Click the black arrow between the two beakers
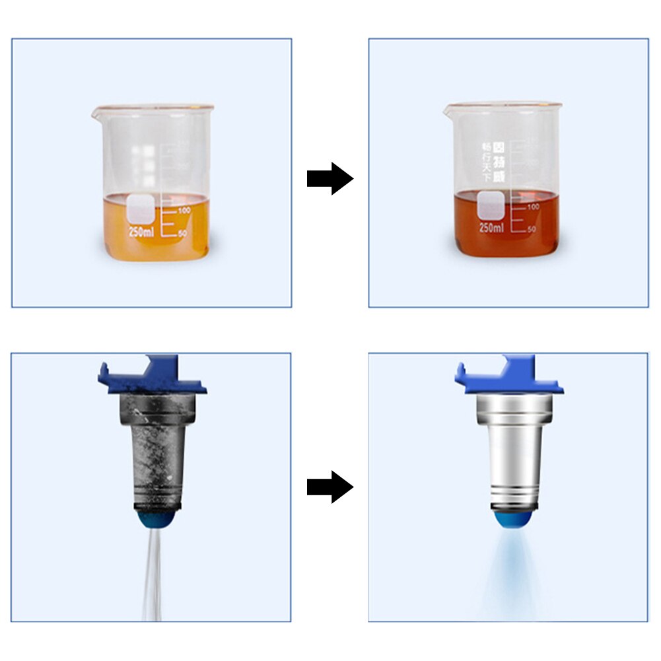point(330,178)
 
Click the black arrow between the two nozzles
point(330,487)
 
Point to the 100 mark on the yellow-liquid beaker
point(183,210)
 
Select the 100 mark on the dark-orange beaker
point(533,207)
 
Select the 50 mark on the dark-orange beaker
point(532,228)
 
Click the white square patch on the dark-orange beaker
point(490,205)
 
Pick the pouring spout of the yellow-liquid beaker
point(96,110)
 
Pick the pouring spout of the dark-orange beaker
point(448,108)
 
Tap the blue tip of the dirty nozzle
point(153,521)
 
